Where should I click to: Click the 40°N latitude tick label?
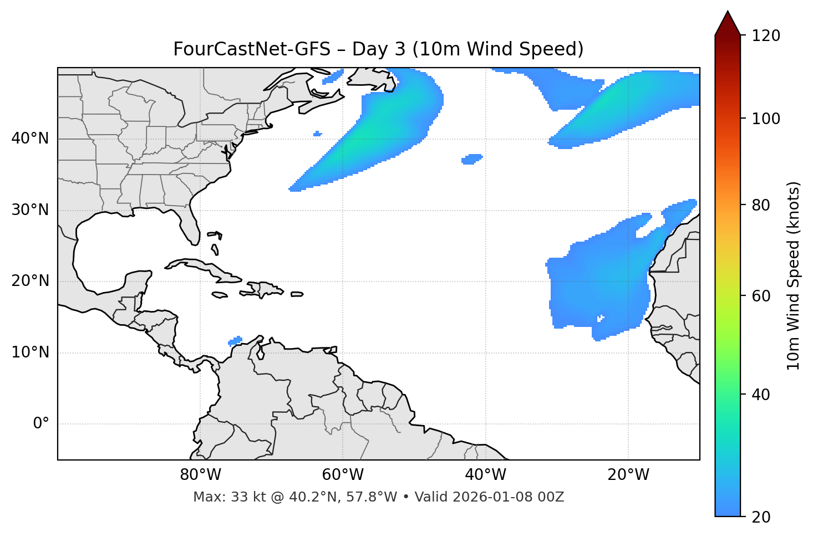[30, 138]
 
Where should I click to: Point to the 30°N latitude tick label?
[30, 210]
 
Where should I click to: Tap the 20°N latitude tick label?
[30, 281]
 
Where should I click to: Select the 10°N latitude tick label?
[30, 352]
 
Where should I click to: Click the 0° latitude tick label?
[40, 424]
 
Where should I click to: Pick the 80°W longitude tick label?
[200, 475]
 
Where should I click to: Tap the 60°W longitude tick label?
[343, 475]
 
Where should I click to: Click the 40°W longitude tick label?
[485, 475]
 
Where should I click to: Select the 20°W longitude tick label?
[628, 475]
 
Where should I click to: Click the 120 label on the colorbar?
[766, 35]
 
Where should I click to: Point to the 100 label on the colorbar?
[766, 119]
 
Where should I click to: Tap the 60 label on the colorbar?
[761, 296]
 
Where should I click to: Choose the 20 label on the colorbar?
[761, 517]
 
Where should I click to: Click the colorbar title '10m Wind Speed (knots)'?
[794, 275]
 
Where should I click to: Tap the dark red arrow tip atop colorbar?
[728, 21]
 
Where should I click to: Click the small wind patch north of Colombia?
[236, 341]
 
